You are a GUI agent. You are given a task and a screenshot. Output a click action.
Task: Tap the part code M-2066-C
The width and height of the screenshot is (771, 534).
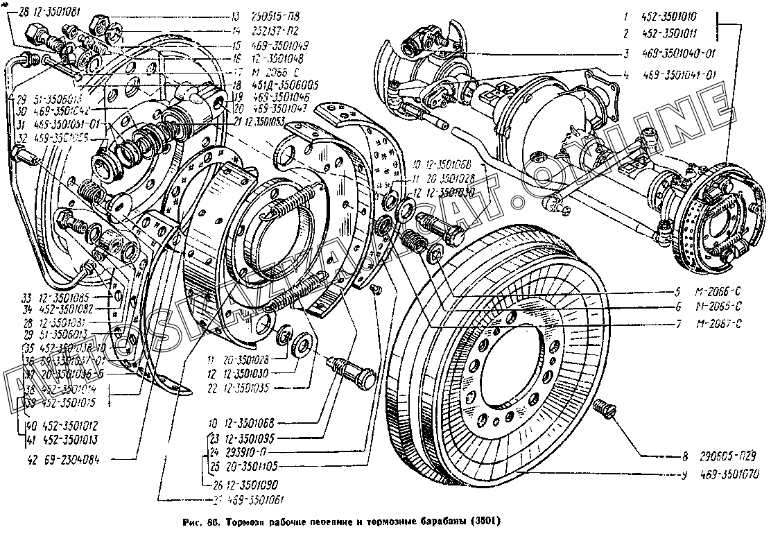tap(719, 291)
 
